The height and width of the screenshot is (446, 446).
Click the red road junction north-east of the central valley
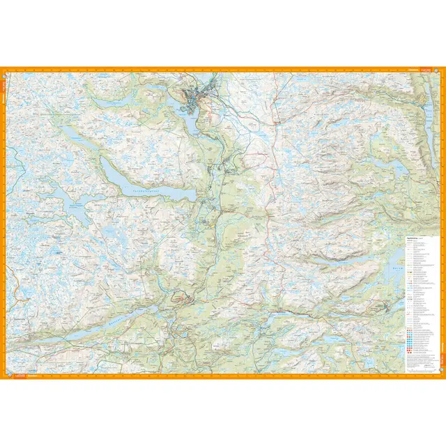tap(269, 217)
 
